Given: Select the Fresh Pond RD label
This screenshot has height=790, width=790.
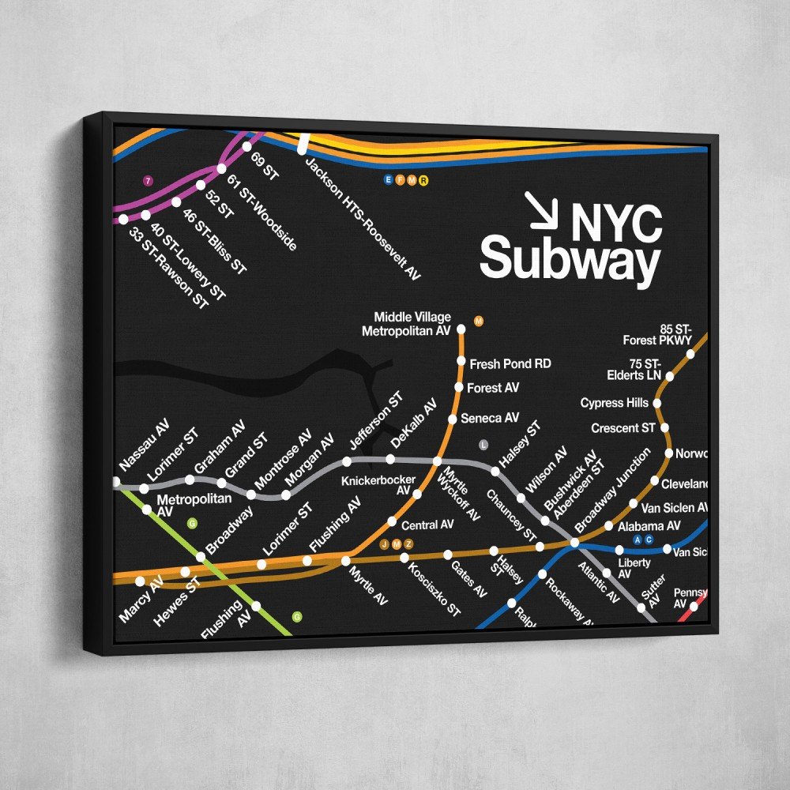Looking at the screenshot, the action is pos(510,364).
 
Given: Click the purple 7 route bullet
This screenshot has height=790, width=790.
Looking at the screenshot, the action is pos(147,181).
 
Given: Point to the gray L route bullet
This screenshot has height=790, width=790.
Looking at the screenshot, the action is pos(483,445).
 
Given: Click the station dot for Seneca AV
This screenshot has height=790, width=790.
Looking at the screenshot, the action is pos(453,419).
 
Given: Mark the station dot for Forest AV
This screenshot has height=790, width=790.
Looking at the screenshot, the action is pos(459,388).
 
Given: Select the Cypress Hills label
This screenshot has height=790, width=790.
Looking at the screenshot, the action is pos(614,403).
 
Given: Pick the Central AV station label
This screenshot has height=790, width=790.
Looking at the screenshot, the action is pos(427,525).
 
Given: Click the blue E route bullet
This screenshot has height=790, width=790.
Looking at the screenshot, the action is pos(388,180).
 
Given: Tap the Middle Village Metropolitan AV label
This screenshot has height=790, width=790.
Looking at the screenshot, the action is pos(406,324).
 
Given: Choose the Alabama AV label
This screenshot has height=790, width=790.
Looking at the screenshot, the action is pos(649,525).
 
